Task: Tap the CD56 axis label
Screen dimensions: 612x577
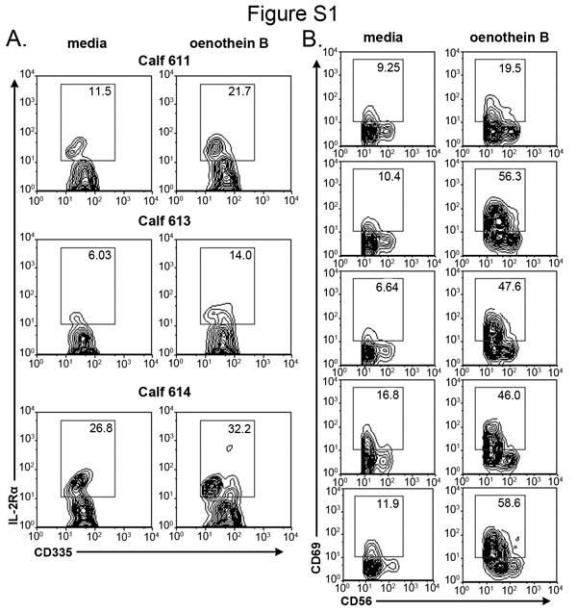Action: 348,598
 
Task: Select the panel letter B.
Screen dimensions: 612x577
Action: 311,38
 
